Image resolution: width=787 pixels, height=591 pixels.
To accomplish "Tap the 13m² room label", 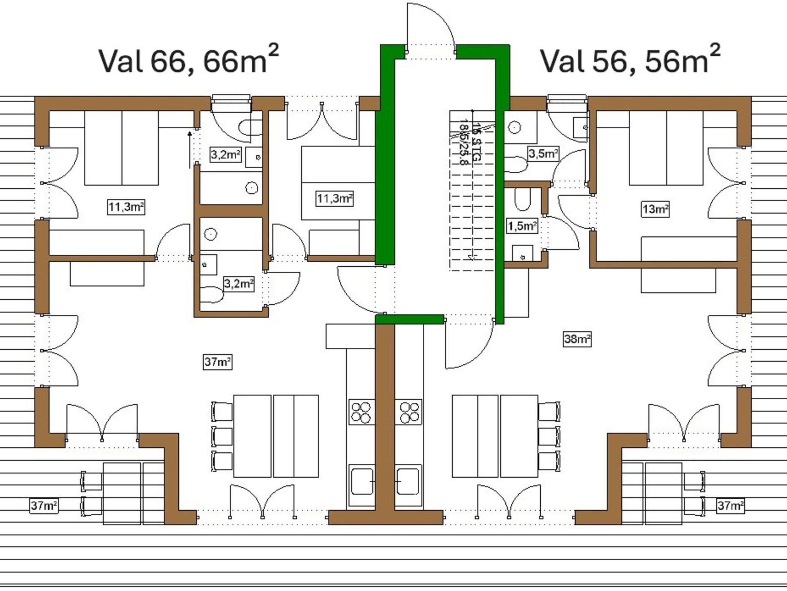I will tap(656, 209).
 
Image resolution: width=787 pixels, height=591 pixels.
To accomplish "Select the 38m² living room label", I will tap(577, 339).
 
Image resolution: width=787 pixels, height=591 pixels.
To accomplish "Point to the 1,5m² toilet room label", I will tap(522, 226).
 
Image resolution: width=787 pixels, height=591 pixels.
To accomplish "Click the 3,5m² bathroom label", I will tap(543, 154).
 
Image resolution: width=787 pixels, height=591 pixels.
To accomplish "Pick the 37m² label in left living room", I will tap(218, 362).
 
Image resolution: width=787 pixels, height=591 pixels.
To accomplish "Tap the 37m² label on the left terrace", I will tap(44, 505).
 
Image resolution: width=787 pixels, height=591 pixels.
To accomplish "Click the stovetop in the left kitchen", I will tap(362, 412).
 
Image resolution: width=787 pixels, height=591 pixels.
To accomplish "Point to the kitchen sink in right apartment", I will tap(408, 481).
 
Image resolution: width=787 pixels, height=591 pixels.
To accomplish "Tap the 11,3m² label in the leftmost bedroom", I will tap(126, 208).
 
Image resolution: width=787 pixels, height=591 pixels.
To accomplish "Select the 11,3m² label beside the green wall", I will tap(334, 199).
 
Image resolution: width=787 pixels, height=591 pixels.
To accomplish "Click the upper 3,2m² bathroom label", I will tap(226, 154).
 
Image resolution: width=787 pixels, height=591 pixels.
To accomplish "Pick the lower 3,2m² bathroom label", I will tap(239, 284).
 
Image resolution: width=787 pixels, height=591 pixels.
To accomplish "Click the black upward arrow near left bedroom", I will tap(189, 150).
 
